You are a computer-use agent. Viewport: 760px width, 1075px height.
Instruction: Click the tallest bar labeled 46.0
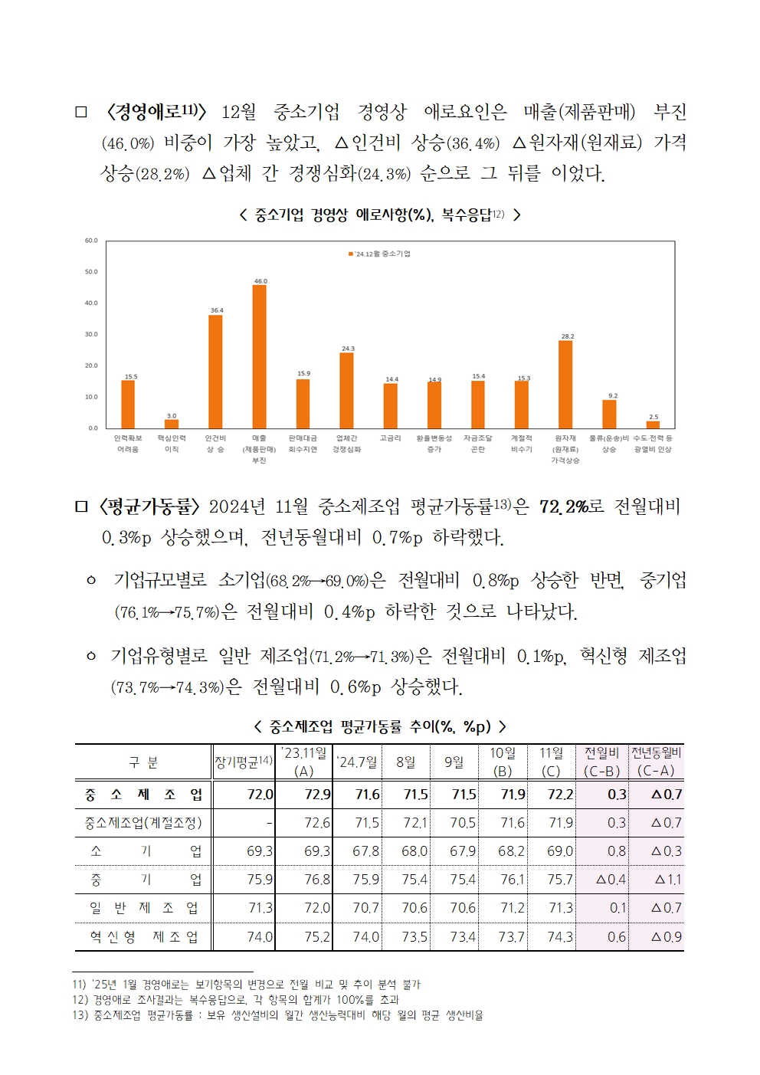260,356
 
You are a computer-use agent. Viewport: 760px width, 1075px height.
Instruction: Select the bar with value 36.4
215,372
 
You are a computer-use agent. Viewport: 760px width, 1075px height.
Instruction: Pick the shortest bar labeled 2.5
653,424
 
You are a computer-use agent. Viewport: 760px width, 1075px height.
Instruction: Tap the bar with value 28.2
565,384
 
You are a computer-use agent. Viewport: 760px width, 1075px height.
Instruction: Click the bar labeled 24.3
347,390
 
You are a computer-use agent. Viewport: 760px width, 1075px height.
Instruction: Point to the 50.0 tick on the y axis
91,272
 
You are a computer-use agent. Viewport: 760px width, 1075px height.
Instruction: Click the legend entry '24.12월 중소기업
380,254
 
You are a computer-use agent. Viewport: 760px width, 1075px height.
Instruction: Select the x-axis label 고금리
390,438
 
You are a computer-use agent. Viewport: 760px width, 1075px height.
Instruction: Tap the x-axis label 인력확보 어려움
128,444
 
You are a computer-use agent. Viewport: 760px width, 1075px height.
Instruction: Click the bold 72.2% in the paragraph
563,506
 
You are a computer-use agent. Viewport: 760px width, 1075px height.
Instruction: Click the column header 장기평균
243,762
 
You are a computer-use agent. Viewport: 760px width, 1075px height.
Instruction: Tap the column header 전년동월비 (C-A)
656,762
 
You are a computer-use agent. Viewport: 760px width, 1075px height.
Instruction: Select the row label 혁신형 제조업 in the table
143,936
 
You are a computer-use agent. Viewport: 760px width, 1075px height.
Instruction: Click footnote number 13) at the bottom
80,1015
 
